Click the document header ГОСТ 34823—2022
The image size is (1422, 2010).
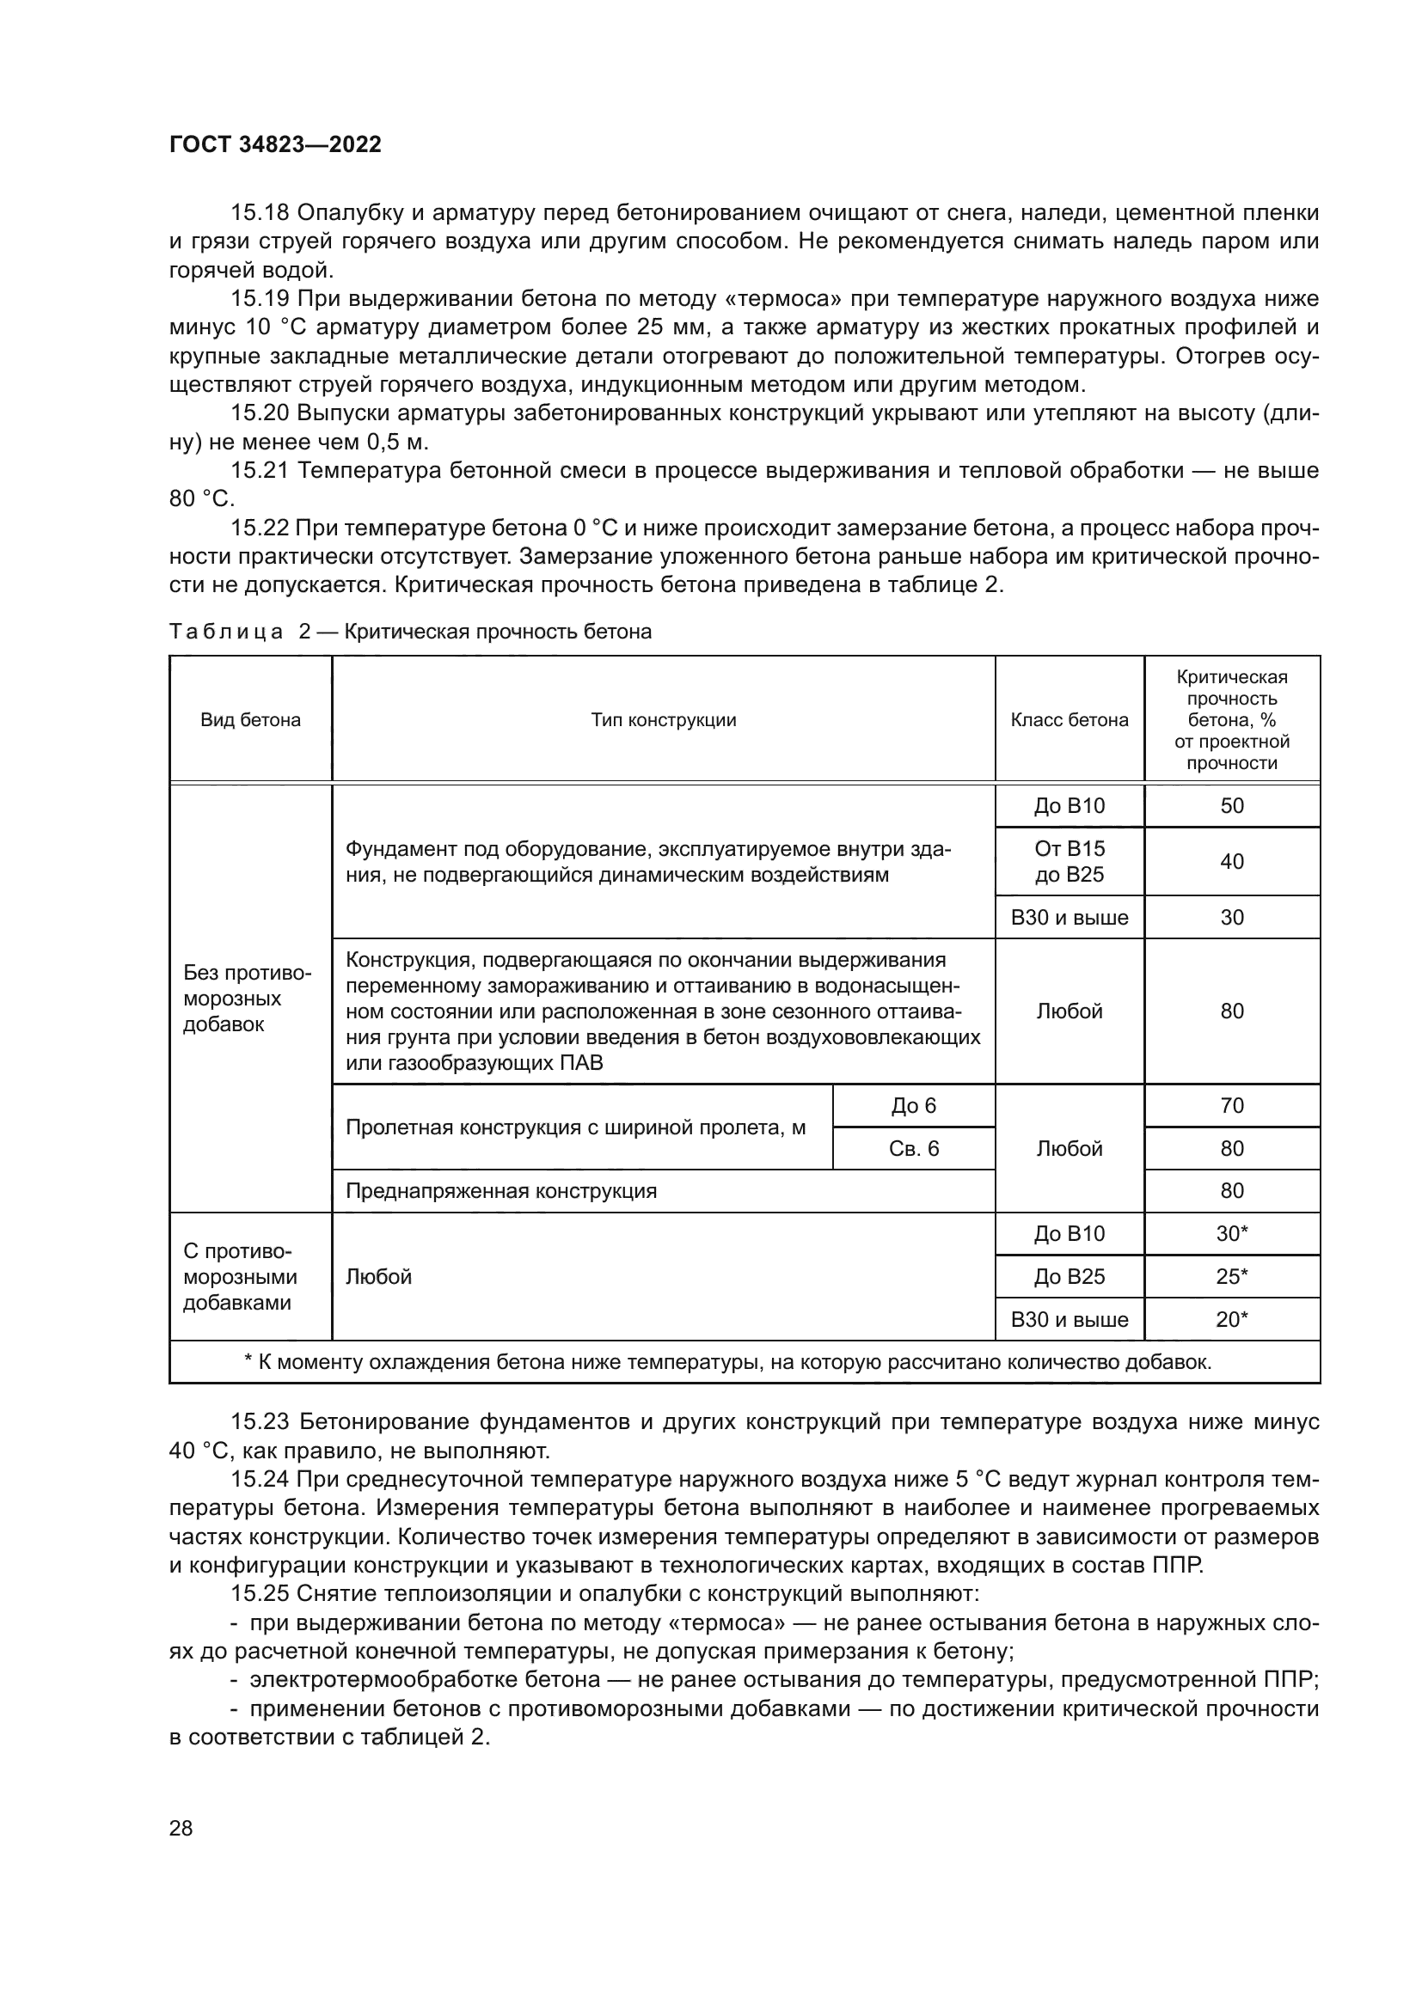pos(275,144)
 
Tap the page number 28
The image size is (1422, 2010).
pos(181,1828)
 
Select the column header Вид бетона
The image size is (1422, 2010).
pos(250,719)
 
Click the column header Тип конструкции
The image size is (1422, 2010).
pos(663,719)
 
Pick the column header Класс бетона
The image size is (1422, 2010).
pos(1070,719)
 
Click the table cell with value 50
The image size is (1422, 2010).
pos(1231,805)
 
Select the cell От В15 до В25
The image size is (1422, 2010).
pos(1070,861)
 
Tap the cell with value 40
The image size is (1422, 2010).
pos(1231,861)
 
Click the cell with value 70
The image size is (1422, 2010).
pos(1231,1106)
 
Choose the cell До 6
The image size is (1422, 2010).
pos(913,1106)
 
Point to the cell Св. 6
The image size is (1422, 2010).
pos(913,1149)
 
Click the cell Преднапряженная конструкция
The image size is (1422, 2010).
pos(501,1190)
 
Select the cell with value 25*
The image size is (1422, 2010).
pos(1231,1276)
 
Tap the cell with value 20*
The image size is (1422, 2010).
pos(1231,1319)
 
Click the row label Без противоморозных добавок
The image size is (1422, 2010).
pos(248,999)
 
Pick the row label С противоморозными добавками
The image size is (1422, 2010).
pos(240,1276)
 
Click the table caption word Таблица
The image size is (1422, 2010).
pos(226,632)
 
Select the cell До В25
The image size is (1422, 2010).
pos(1070,1276)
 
